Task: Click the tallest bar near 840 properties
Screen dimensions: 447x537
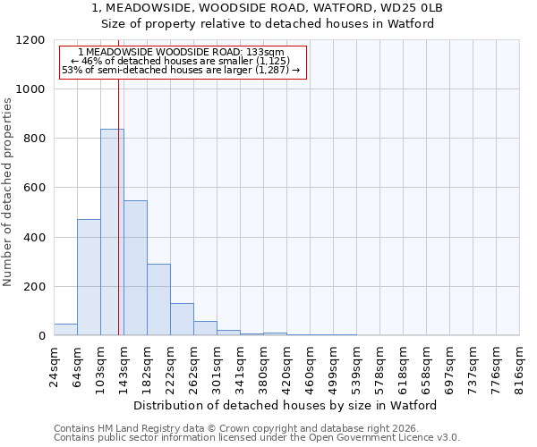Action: pyautogui.click(x=112, y=232)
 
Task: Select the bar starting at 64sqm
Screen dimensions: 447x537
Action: pyautogui.click(x=89, y=277)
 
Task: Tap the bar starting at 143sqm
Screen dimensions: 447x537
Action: pyautogui.click(x=135, y=268)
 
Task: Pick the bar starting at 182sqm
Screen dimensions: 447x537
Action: pyautogui.click(x=158, y=299)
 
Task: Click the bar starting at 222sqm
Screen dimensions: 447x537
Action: pyautogui.click(x=182, y=319)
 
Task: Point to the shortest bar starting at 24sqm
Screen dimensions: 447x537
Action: pyautogui.click(x=65, y=330)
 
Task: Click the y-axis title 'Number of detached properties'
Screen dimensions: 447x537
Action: pyautogui.click(x=8, y=192)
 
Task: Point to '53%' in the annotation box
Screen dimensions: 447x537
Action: pyautogui.click(x=72, y=70)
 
